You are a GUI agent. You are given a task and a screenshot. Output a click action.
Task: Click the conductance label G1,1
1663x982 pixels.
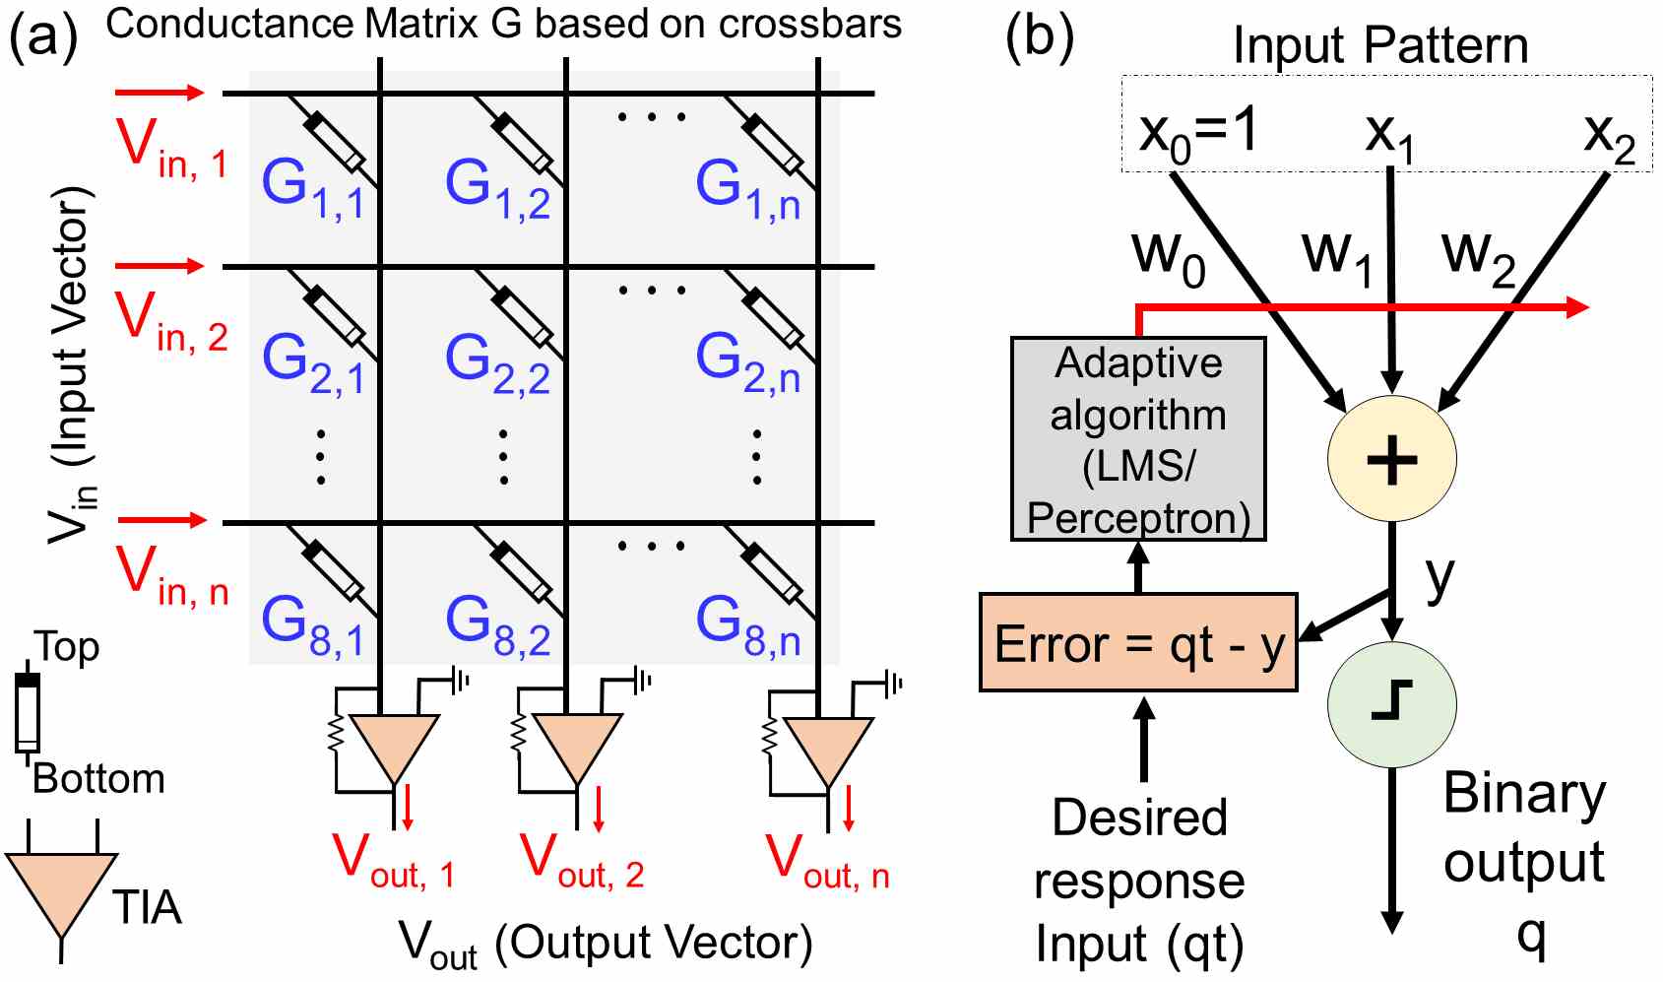[x=312, y=187]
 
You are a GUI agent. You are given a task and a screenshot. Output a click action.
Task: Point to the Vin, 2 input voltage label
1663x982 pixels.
[x=171, y=323]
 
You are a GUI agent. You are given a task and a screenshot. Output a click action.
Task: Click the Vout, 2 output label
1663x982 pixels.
[x=581, y=860]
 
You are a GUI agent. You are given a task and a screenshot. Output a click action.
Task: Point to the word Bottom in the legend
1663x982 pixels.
[x=98, y=779]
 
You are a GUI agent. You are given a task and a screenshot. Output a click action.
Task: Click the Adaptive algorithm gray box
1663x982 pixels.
[x=1138, y=439]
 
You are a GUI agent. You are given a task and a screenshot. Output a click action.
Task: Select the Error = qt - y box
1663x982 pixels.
[x=1138, y=643]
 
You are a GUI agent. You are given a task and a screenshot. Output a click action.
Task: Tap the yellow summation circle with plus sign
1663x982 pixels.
[x=1391, y=459]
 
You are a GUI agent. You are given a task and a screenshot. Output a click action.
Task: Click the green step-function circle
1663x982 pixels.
[x=1391, y=704]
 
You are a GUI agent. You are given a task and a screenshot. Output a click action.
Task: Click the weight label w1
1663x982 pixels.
[x=1336, y=254]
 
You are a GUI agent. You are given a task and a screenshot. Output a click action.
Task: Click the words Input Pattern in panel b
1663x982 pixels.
[x=1380, y=45]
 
